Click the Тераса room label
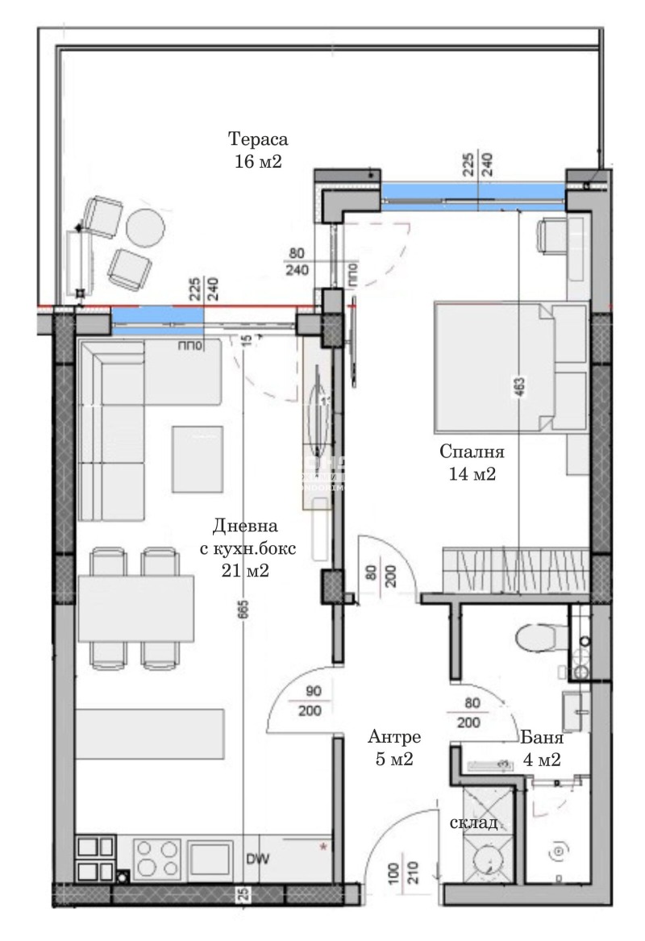point(257,137)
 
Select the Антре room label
point(395,736)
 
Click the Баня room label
point(541,736)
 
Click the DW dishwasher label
point(258,858)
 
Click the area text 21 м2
point(244,570)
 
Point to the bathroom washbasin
point(577,703)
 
